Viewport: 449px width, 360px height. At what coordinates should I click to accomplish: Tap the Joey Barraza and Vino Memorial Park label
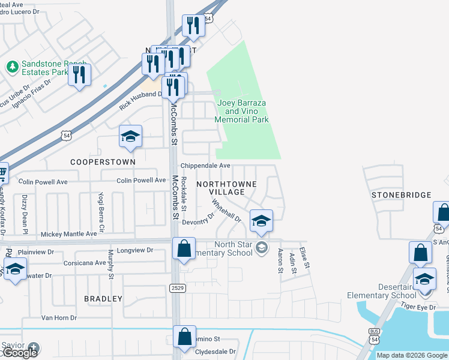coord(242,112)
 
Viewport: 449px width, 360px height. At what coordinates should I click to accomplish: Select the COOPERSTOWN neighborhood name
coord(103,162)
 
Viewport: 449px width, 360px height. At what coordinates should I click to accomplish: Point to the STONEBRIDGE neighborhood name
coord(402,195)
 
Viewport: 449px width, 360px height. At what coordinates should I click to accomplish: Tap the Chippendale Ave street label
coord(206,166)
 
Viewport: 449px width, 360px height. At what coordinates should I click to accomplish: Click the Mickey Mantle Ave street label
coord(68,234)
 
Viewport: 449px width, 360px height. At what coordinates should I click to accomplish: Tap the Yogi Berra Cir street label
coord(101,214)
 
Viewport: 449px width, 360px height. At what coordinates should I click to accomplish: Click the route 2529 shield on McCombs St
coord(173,289)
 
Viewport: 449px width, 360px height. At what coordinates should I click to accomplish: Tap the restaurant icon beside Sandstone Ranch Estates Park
coord(79,75)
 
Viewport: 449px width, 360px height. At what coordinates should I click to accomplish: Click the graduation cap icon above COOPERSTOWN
coord(130,137)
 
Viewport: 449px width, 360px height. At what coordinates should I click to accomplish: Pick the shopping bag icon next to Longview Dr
coord(184,248)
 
